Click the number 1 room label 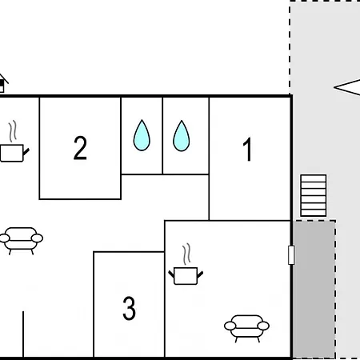[248, 149]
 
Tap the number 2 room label [80, 148]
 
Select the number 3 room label [129, 308]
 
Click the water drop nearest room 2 [142, 135]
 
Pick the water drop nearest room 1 [182, 136]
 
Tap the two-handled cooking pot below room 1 [186, 276]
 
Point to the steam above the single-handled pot [13, 131]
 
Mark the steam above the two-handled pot [186, 254]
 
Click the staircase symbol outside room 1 [314, 195]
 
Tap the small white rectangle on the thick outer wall [291, 255]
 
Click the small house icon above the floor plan [2, 83]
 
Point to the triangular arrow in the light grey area [347, 87]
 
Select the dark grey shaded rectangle [314, 289]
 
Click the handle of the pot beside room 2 [26, 152]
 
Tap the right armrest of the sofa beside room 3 [263, 326]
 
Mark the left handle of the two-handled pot [171, 274]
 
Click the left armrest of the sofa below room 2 [4, 238]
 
